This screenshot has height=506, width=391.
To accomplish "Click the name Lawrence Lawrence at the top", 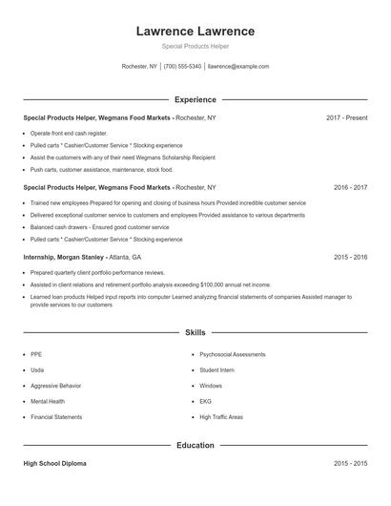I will (x=195, y=31).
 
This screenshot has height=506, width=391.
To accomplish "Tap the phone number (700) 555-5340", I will (x=183, y=67).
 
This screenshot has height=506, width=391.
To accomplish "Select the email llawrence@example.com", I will (x=238, y=67).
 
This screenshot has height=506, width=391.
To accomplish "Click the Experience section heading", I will (x=195, y=99).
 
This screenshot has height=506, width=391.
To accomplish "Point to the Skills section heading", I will (x=195, y=332).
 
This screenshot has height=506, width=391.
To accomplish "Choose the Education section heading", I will (x=195, y=445).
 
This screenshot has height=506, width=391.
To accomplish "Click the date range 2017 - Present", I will (x=346, y=117).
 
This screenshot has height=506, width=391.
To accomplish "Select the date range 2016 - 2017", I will (x=350, y=188).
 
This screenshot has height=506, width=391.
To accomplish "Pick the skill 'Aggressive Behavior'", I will (x=57, y=386).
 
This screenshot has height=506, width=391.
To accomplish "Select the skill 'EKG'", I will (x=205, y=402).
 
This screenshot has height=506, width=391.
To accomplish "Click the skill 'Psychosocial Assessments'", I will (x=233, y=353).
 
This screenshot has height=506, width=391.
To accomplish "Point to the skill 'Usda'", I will (x=37, y=369).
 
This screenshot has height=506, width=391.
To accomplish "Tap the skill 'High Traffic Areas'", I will (x=221, y=417).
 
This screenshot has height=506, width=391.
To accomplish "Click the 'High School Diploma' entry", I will (x=54, y=463).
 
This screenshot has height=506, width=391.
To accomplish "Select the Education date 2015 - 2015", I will (x=350, y=463).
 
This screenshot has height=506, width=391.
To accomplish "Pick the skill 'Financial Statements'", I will (x=56, y=417).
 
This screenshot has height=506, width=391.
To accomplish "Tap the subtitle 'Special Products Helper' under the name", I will (x=195, y=46).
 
